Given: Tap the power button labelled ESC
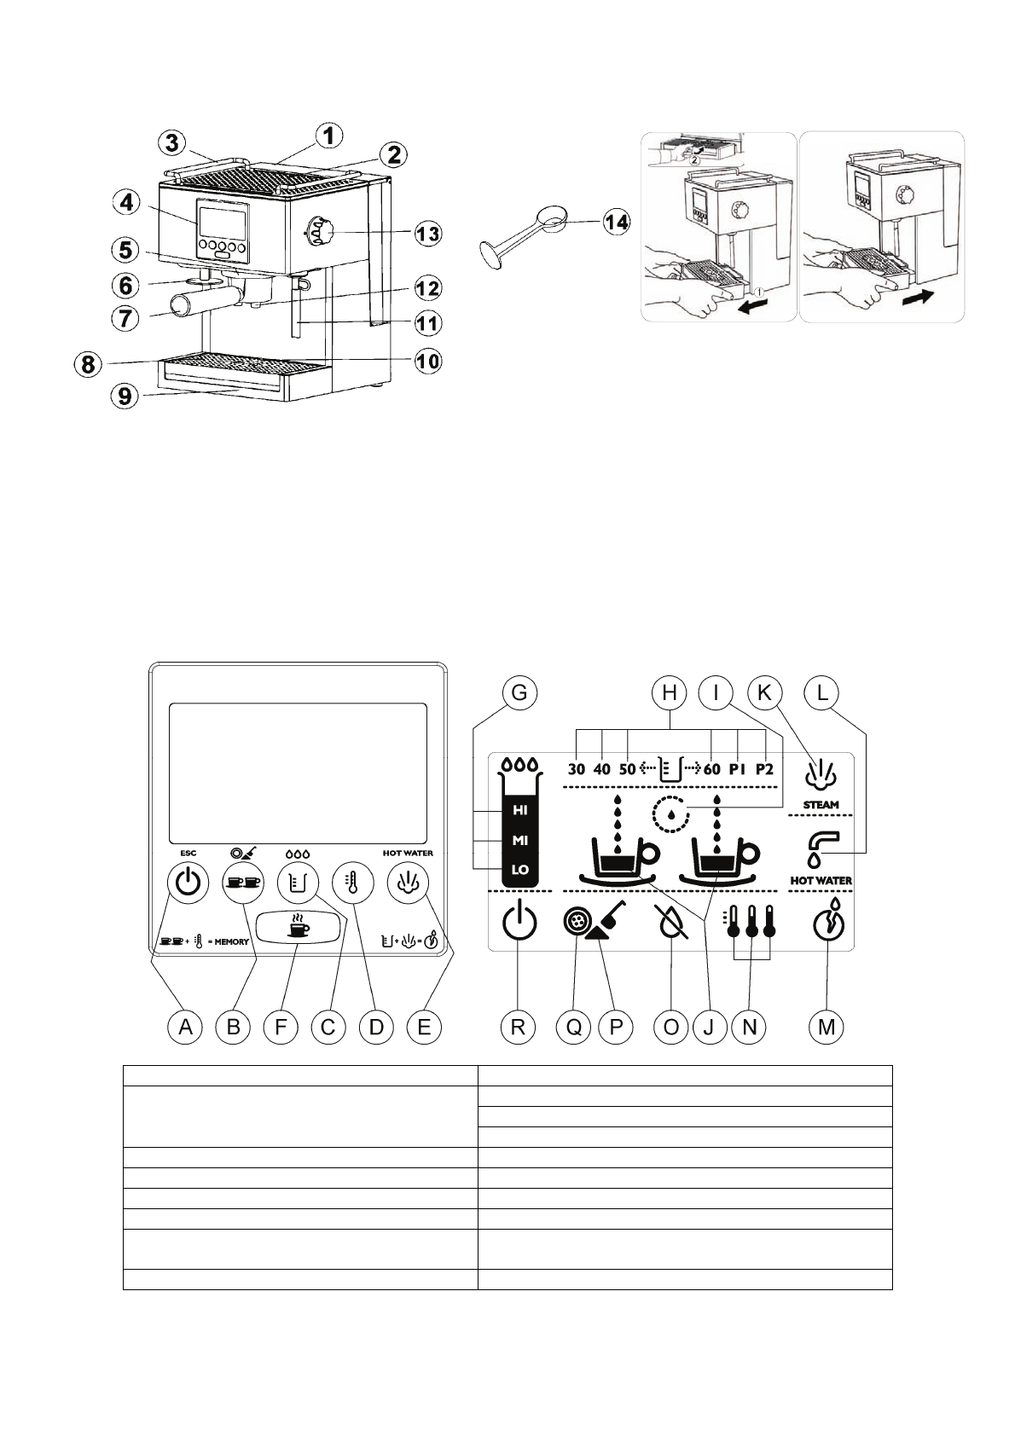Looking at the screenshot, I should click(x=188, y=883).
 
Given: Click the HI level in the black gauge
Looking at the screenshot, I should click(x=520, y=810).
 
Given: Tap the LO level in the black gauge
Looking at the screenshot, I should click(x=520, y=870).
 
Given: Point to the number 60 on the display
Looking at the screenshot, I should click(x=712, y=769).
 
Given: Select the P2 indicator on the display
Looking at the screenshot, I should click(x=764, y=769).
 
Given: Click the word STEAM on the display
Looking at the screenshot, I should click(x=821, y=804).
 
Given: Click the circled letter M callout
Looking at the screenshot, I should click(x=826, y=1027).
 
